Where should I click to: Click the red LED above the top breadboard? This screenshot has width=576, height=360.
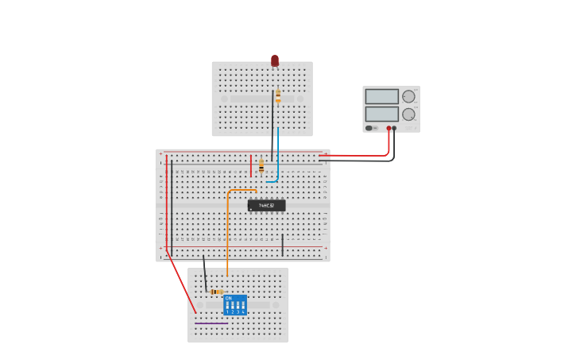point(275,60)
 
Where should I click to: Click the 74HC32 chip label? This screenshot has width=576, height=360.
point(266,205)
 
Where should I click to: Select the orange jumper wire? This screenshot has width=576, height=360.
point(228,230)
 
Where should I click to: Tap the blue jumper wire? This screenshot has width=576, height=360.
point(278,155)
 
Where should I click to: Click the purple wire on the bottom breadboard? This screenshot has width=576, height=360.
point(211,323)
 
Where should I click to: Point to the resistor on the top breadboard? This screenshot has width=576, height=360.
point(278,97)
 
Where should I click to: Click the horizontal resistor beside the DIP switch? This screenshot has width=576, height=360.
point(216,292)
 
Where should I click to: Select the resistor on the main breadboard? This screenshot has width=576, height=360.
point(261,165)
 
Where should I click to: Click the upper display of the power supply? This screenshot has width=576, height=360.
point(381,96)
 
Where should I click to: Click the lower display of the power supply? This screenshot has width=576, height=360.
point(381,114)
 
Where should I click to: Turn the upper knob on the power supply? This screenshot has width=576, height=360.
point(408,96)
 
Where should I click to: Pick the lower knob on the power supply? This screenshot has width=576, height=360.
point(408,114)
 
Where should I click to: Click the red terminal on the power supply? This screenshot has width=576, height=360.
point(389,128)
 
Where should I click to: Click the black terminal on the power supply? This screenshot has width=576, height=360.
point(394,128)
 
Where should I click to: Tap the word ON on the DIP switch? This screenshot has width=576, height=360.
point(229,298)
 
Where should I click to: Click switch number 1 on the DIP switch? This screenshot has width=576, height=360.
point(227,306)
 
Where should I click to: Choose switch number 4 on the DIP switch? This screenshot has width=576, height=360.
point(242,306)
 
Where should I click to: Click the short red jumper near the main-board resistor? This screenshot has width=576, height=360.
point(251,165)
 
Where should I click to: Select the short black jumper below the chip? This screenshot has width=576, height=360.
point(282,245)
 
